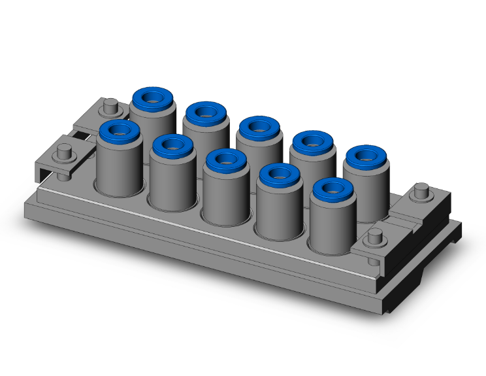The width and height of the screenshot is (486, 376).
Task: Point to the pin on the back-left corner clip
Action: tap(111, 104)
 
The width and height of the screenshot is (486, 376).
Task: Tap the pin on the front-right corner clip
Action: tap(375, 237)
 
